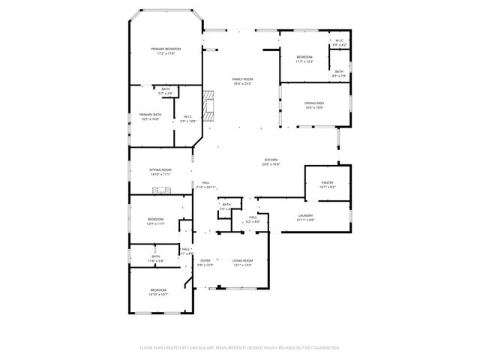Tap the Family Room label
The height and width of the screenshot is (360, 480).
pyautogui.click(x=241, y=79)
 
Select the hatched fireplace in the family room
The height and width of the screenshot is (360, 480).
pyautogui.click(x=209, y=106)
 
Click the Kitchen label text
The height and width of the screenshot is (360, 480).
pyautogui.click(x=271, y=160)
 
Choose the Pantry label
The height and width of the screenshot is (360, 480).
pyautogui.click(x=327, y=182)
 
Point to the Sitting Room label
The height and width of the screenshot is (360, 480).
pyautogui.click(x=160, y=169)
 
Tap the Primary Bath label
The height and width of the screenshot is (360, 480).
pyautogui.click(x=150, y=115)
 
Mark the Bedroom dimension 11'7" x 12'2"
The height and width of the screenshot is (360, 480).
pyautogui.click(x=304, y=61)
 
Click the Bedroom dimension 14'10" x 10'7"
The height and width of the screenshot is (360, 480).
pyautogui.click(x=157, y=294)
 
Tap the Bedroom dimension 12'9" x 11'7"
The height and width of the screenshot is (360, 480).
pyautogui.click(x=155, y=223)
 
